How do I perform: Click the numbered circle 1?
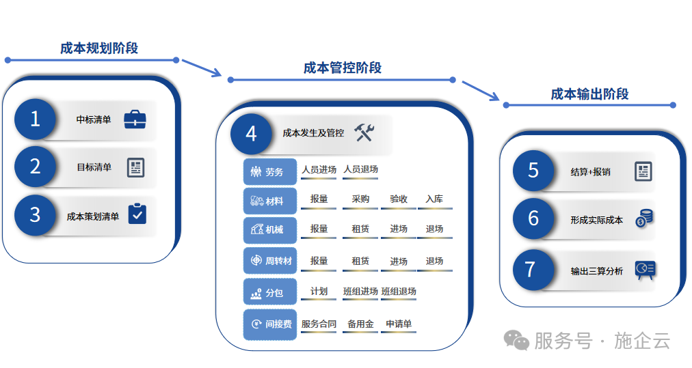tap(35, 119)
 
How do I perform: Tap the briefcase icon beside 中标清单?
tap(135, 120)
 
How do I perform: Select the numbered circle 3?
tap(35, 215)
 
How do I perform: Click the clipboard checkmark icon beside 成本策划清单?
tap(137, 214)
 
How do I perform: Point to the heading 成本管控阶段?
tap(342, 68)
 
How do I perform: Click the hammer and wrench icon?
tap(364, 132)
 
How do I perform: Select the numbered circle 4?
tap(251, 133)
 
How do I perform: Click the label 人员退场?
tap(360, 169)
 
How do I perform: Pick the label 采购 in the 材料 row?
tap(360, 199)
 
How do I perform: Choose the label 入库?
tap(434, 199)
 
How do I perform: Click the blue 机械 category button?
tap(270, 230)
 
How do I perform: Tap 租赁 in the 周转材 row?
tap(360, 261)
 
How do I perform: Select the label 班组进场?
tap(360, 292)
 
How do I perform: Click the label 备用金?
tap(360, 324)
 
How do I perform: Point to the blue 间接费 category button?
tap(270, 324)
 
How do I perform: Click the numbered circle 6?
tap(533, 218)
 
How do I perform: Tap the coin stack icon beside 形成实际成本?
tap(644, 218)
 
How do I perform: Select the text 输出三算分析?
tap(597, 271)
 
